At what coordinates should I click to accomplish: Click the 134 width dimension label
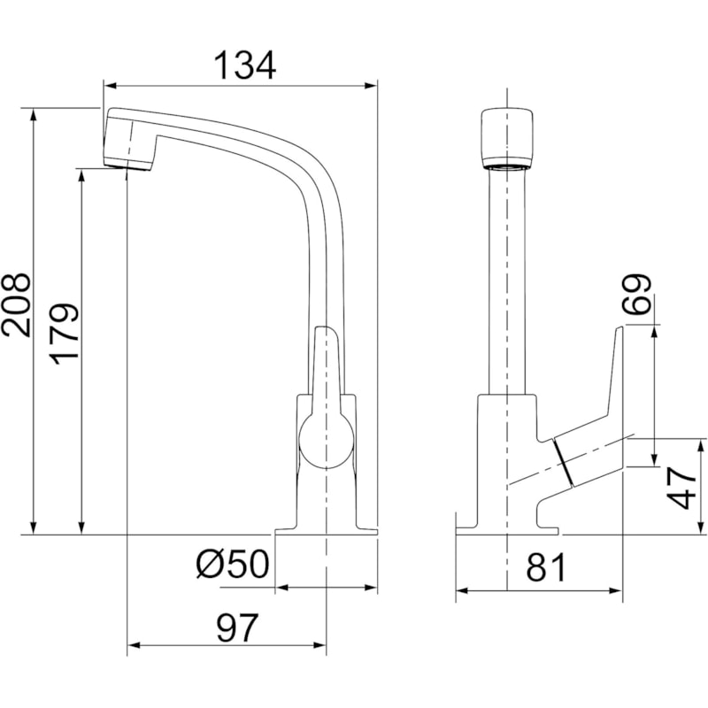tap(244, 65)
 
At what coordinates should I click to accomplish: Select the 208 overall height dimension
tap(16, 304)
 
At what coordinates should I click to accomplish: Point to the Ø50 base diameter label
tap(233, 564)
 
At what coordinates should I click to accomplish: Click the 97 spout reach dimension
tap(237, 627)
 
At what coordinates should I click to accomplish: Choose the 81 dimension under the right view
tap(545, 567)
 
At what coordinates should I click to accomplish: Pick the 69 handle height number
tap(635, 294)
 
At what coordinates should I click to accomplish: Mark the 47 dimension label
tap(681, 488)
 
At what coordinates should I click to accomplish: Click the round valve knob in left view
tap(326, 440)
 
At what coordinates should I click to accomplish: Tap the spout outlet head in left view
tap(129, 140)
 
